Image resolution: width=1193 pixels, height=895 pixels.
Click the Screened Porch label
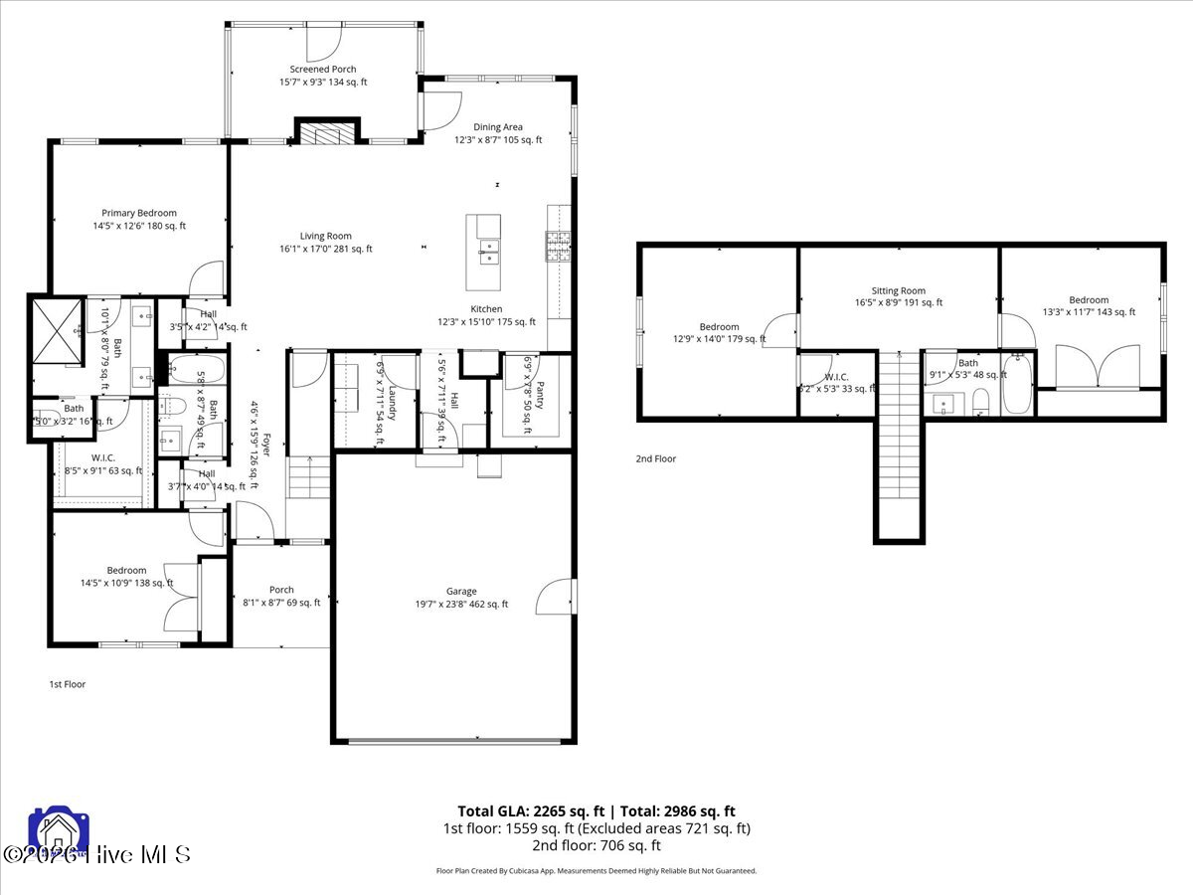pos(323,70)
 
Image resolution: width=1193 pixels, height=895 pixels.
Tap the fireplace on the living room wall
pos(326,134)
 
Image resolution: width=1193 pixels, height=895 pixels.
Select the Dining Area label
pos(498,127)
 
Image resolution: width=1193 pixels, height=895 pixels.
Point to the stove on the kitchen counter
pos(558,245)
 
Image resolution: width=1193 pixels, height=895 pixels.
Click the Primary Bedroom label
pos(139,213)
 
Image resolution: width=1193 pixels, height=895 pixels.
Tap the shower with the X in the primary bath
pos(58,332)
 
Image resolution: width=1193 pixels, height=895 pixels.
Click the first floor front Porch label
pos(281,590)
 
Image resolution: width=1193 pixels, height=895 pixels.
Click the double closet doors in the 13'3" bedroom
pos(1098,367)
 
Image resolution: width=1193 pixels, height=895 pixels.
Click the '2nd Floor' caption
pos(656,458)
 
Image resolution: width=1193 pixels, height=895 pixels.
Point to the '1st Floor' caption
pos(69,684)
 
